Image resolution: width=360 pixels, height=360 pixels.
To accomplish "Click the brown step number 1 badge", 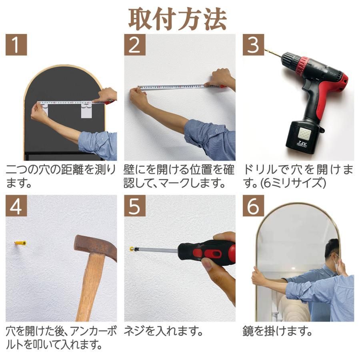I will click(x=16, y=45).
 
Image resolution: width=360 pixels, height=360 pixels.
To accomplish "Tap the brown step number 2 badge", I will click(x=135, y=45).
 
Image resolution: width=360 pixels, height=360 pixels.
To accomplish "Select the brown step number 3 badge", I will click(x=254, y=45).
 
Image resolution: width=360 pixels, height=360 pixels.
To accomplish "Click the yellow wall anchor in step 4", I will click(x=20, y=243).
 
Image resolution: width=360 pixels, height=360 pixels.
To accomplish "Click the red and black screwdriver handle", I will click(x=208, y=251).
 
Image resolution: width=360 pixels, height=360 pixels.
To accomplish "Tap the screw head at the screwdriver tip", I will click(x=132, y=249).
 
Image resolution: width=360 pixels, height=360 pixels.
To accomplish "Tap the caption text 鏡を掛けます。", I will click(x=277, y=332).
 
